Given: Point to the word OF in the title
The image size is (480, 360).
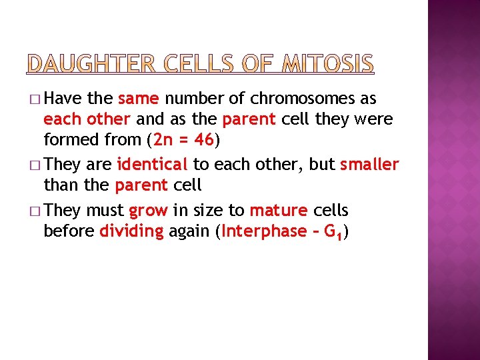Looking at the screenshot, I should [x=258, y=64].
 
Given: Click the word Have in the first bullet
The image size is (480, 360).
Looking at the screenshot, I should [x=65, y=99].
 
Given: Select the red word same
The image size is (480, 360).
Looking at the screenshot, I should [x=138, y=99].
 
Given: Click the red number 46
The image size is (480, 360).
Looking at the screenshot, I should [x=198, y=140].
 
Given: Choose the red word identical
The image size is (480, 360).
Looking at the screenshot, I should [x=152, y=164].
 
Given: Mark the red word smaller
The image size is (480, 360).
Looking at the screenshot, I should [x=369, y=164].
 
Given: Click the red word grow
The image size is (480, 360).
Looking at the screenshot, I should [x=149, y=211].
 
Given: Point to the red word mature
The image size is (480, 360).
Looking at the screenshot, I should [x=279, y=211].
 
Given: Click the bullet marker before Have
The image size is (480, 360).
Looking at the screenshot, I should [x=35, y=100].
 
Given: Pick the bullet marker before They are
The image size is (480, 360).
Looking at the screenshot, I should [x=35, y=165].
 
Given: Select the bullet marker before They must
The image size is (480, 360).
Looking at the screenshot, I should [x=35, y=211].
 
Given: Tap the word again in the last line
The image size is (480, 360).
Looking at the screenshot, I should [x=191, y=231].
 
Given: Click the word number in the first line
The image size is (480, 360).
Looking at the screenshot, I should [x=197, y=99].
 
